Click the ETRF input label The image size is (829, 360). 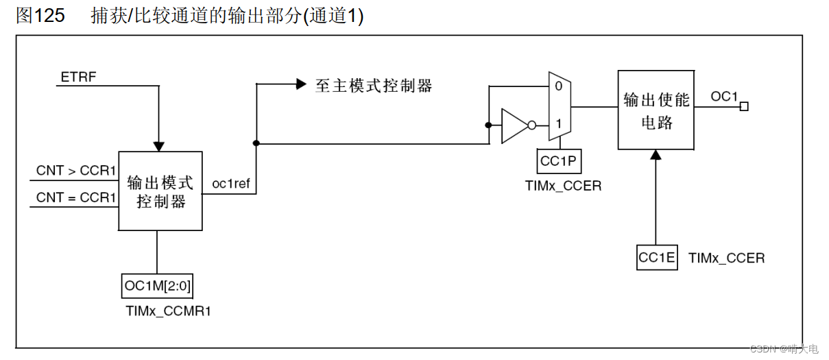[78, 77]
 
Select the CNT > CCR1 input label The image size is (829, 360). [76, 171]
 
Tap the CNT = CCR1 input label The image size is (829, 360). [76, 197]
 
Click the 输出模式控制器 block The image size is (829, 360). [160, 191]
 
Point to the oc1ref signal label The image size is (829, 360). [230, 184]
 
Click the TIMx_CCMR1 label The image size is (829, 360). [168, 311]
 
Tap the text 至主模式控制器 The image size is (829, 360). [374, 86]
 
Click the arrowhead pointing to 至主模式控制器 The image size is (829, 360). [300, 84]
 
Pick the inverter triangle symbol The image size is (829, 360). [514, 125]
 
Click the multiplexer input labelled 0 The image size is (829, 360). [558, 86]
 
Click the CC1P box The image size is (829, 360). [560, 162]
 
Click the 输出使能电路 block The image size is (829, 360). [656, 110]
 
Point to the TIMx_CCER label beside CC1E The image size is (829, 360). [726, 259]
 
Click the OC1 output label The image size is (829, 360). [723, 97]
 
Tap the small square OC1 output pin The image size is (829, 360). [744, 106]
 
